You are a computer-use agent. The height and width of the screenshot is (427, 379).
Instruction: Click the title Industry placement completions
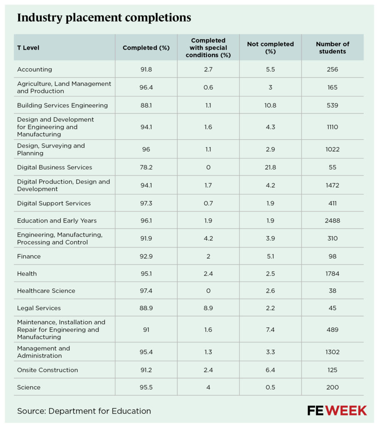104,18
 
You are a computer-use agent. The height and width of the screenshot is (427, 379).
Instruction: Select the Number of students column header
332,48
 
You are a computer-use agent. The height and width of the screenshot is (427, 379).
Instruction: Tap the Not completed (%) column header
270,48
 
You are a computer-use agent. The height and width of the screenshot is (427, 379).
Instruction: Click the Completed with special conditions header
208,48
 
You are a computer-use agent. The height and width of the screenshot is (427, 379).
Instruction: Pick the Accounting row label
35,70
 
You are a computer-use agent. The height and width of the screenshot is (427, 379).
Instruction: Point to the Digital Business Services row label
55,167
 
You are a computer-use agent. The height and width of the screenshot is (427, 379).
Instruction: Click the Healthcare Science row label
46,291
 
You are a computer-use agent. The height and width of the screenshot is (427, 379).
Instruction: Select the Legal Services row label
39,308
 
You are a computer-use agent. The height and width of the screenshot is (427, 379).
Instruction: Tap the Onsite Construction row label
47,370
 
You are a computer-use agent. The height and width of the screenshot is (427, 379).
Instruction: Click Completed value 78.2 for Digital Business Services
146,167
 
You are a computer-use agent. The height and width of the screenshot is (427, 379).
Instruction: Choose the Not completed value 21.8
270,167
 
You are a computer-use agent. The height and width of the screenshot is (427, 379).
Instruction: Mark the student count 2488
332,221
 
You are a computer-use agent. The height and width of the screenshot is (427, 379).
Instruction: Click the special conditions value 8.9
208,308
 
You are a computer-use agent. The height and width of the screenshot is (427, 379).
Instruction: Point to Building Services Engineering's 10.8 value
270,105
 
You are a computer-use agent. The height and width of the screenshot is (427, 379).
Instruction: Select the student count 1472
332,185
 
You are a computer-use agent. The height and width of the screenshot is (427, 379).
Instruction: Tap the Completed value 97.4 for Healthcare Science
146,291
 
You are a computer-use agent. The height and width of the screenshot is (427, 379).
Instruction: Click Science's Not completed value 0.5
270,387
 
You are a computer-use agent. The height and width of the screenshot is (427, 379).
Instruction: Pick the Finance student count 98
332,256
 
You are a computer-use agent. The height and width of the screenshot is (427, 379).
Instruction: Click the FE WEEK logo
337,411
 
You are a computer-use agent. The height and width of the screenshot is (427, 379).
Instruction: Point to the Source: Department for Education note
84,411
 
